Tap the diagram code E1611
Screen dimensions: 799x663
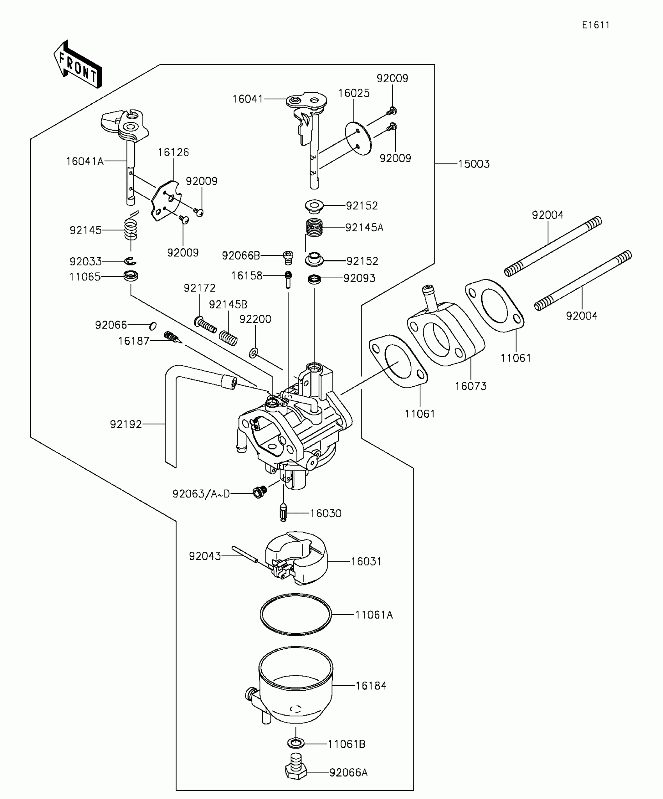point(596,25)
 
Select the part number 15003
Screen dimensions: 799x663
point(473,164)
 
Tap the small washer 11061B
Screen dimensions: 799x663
point(296,743)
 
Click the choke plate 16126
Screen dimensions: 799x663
point(166,201)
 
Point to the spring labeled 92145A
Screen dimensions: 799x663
point(314,228)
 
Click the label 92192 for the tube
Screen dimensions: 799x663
point(126,424)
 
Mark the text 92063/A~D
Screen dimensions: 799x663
point(201,494)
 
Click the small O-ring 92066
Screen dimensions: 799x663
point(153,325)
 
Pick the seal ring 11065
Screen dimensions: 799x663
point(131,276)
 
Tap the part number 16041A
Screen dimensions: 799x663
point(85,161)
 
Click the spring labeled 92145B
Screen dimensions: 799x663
point(228,337)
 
